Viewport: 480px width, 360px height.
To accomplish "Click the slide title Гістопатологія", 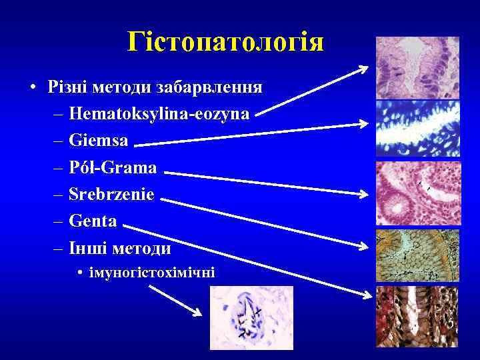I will pos(226,43).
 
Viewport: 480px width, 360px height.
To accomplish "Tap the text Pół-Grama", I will pos(113,167).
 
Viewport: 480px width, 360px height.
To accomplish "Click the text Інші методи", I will pos(120,249).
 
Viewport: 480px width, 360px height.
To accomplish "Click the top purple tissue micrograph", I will pos(417,67).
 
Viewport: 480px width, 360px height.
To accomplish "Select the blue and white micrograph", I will pos(417,129).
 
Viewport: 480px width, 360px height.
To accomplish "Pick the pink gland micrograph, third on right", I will pos(417,193).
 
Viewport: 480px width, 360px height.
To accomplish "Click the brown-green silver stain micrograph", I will pos(417,255).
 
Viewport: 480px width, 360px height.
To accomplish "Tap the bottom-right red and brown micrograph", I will pos(417,317).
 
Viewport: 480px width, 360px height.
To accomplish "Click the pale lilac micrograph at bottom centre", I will pos(251,318).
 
